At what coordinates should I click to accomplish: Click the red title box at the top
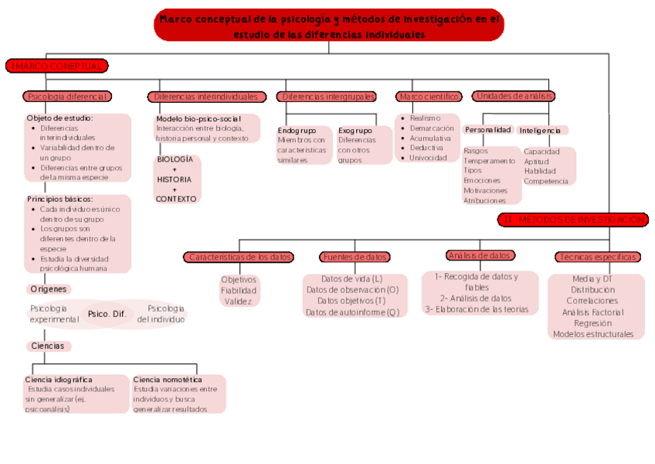(328, 26)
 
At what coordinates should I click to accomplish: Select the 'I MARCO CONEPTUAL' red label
(56, 67)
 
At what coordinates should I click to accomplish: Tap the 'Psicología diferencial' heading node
(67, 97)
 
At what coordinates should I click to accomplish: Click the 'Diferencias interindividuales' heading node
(205, 97)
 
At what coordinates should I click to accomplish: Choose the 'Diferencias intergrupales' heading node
(327, 97)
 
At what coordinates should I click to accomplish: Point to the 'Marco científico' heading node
(429, 97)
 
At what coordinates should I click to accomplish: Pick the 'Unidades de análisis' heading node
(514, 96)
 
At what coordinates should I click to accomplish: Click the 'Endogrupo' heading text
(297, 131)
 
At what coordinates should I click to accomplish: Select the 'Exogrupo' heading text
(355, 131)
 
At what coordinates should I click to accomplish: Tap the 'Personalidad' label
(487, 130)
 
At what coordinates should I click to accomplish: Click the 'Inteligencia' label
(540, 131)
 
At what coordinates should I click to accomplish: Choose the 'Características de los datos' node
(240, 257)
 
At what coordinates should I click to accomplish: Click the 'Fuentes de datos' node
(355, 257)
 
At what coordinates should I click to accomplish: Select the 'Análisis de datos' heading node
(480, 255)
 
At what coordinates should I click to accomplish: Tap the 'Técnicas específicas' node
(597, 257)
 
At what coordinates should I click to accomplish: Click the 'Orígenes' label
(49, 289)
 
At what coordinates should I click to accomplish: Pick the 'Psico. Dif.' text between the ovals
(107, 314)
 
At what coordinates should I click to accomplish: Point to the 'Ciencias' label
(48, 346)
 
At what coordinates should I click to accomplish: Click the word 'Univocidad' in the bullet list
(428, 158)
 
